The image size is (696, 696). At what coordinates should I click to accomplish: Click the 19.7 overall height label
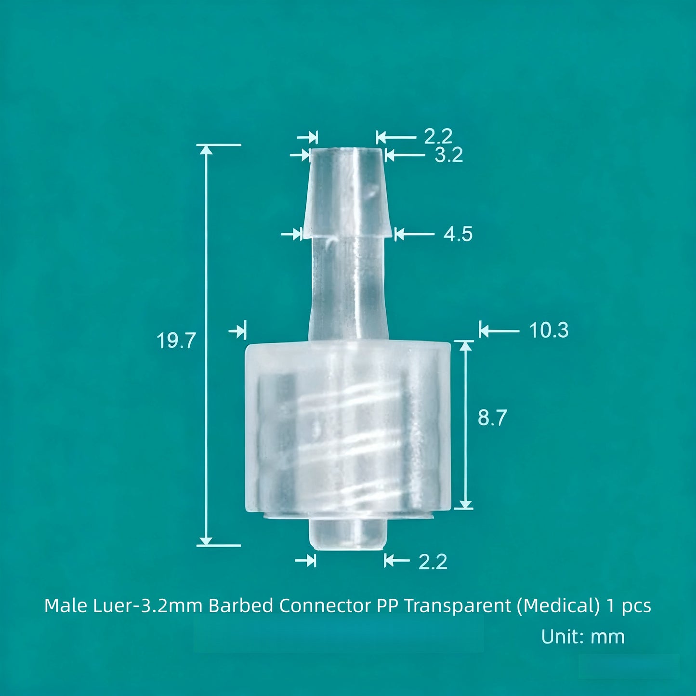click(x=176, y=341)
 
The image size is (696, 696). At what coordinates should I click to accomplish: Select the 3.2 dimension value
click(x=448, y=155)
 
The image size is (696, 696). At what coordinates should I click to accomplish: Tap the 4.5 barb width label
click(x=458, y=234)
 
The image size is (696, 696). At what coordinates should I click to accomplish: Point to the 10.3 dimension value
click(x=549, y=330)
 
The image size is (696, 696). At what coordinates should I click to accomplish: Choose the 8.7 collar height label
click(x=492, y=418)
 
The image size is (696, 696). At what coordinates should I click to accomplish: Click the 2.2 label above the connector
click(x=438, y=137)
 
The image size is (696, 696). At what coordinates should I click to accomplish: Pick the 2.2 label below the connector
click(x=433, y=562)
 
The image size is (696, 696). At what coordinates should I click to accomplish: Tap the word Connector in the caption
click(x=325, y=605)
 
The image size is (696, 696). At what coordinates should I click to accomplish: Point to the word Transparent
click(x=457, y=605)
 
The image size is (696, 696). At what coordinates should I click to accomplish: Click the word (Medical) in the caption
click(x=558, y=605)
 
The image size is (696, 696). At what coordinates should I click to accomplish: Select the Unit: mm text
click(x=582, y=637)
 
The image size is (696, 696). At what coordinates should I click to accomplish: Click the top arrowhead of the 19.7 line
click(x=206, y=149)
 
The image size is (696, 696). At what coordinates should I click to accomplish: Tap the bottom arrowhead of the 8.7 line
click(x=466, y=504)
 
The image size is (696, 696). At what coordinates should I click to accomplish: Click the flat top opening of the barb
click(x=346, y=150)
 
